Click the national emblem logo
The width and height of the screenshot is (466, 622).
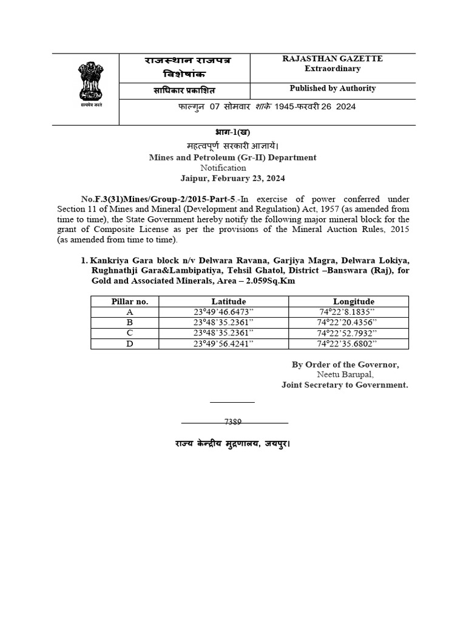click(89, 84)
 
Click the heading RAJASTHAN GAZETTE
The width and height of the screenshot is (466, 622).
click(332, 59)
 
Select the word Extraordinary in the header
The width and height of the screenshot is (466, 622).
click(332, 69)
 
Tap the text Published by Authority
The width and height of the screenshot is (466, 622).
click(333, 89)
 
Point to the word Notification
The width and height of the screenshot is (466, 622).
click(223, 168)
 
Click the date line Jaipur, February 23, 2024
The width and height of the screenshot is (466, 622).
click(232, 179)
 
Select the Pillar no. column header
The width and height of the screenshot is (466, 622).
click(130, 302)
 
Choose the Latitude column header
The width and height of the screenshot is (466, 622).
click(228, 302)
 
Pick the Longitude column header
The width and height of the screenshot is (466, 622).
click(354, 302)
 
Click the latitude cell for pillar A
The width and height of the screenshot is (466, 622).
click(223, 312)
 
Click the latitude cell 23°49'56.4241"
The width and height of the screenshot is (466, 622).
click(223, 344)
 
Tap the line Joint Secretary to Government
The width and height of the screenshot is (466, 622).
click(345, 385)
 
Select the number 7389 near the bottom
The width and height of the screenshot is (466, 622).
click(233, 422)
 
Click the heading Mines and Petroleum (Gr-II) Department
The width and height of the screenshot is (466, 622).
click(233, 157)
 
